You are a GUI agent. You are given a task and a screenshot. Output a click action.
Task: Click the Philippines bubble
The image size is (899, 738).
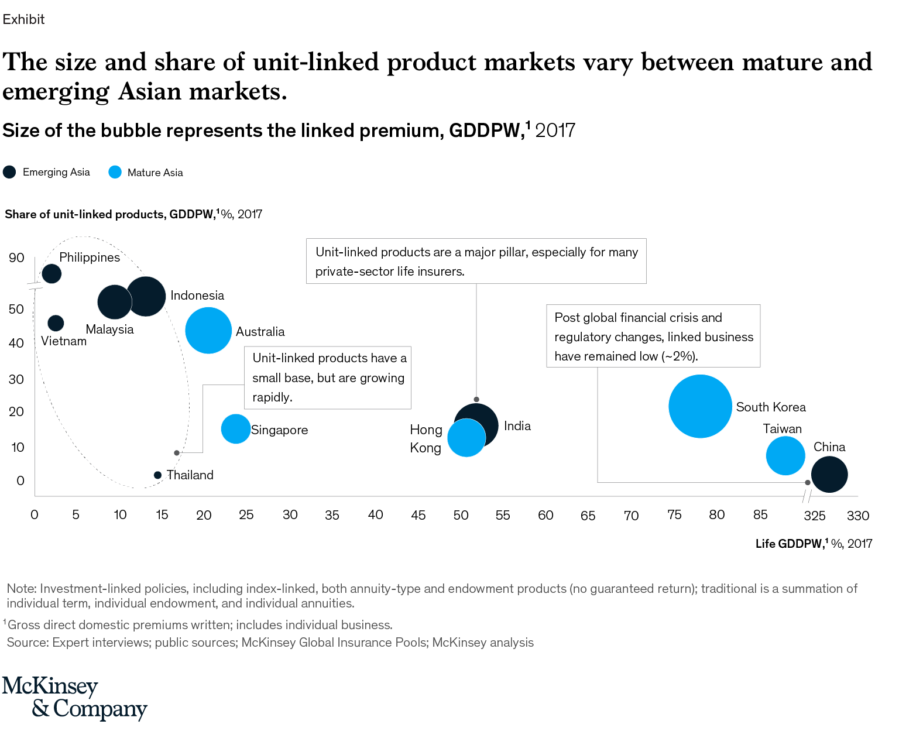[x=52, y=273]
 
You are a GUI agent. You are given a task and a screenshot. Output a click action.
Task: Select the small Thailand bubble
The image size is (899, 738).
[x=157, y=475]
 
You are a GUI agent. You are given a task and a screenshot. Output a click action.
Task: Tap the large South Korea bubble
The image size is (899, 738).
[x=700, y=406]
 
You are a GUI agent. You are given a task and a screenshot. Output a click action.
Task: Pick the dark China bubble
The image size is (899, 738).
[x=829, y=475]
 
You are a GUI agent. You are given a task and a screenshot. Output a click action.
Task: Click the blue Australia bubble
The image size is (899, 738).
[x=208, y=331]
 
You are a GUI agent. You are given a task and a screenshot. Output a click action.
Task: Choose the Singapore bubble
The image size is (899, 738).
[x=235, y=429]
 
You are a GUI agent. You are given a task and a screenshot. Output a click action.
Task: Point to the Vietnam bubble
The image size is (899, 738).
[x=56, y=323]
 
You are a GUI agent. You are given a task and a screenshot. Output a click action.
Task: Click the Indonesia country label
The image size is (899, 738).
[x=197, y=296]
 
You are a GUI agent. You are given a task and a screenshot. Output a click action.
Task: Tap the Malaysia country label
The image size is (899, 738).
[x=109, y=329]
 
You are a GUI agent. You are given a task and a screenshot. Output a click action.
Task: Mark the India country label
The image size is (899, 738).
[x=517, y=426]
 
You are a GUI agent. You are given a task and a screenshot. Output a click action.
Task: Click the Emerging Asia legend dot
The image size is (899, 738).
[x=9, y=172]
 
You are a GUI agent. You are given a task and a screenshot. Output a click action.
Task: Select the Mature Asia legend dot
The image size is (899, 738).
[x=115, y=173]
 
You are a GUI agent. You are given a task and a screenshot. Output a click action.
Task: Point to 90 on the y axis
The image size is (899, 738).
[x=16, y=258]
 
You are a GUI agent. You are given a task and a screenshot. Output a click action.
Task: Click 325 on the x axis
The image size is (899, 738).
[x=815, y=516]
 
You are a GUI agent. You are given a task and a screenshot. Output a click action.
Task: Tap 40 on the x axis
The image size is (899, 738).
[x=375, y=515]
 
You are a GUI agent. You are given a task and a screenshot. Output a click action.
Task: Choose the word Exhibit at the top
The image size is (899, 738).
[x=23, y=19]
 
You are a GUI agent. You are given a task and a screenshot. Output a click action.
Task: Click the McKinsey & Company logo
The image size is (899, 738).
[x=74, y=698]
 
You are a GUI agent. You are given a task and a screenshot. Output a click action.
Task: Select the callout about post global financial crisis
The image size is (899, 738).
[x=653, y=337]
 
